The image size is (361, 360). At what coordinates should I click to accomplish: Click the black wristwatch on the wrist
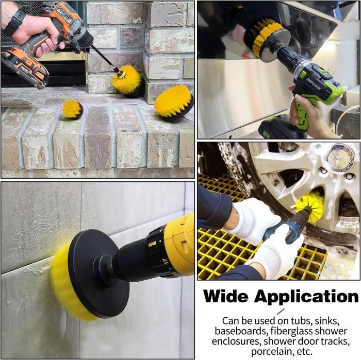pyautogui.click(x=15, y=22)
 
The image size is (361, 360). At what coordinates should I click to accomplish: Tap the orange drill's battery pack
pyautogui.click(x=25, y=67)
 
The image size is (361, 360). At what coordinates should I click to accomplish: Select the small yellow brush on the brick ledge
pyautogui.click(x=73, y=109)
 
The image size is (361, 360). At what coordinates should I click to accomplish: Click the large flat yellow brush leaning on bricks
pyautogui.click(x=174, y=101)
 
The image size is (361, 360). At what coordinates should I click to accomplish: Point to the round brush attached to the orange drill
pyautogui.click(x=127, y=79)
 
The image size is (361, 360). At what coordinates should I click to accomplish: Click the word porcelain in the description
pyautogui.click(x=270, y=352)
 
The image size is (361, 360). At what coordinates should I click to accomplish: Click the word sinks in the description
pyautogui.click(x=327, y=321)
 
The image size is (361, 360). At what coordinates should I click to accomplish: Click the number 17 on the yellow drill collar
pyautogui.click(x=165, y=262)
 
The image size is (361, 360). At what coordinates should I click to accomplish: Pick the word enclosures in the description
pyautogui.click(x=236, y=341)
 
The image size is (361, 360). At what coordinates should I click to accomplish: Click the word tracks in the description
pyautogui.click(x=335, y=341)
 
